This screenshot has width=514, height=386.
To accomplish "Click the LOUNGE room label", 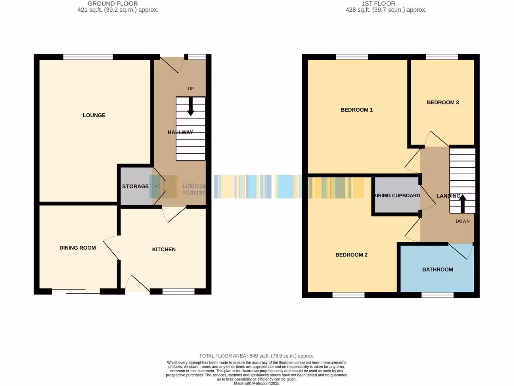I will (94, 115).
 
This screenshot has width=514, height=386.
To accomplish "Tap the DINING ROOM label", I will (77, 248).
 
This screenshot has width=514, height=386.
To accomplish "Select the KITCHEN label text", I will (164, 249).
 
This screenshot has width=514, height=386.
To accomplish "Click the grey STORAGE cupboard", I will (135, 186).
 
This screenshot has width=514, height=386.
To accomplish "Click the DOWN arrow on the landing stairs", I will (462, 204).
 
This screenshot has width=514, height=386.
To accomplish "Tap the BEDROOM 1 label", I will (356, 110).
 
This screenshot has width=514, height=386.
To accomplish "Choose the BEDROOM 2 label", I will (351, 255).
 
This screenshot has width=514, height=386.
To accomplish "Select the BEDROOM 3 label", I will (443, 102).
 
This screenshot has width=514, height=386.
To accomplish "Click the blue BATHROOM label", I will (437, 270).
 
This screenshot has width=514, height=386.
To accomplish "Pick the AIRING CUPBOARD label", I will (397, 195).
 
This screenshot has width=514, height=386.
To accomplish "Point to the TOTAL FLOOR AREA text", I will (256, 356).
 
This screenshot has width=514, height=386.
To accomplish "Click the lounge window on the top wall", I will (88, 57).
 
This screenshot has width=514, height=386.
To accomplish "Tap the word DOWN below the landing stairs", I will (462, 221).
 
